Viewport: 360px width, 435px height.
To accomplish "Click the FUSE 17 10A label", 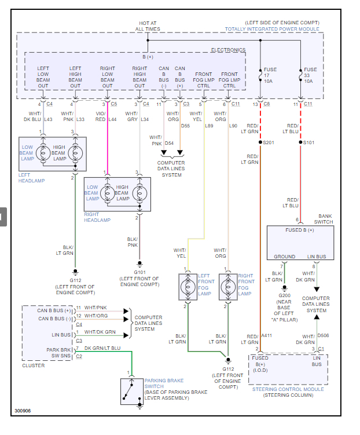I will click(x=270, y=75).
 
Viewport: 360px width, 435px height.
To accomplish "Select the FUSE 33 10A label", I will click(x=310, y=75).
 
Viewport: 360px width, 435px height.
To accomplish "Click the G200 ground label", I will click(x=284, y=295).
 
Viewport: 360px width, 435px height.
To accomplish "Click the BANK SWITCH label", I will click(x=324, y=218).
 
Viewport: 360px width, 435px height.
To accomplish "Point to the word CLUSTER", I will click(x=33, y=365).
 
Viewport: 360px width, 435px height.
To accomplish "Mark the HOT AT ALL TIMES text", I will click(x=147, y=26).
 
